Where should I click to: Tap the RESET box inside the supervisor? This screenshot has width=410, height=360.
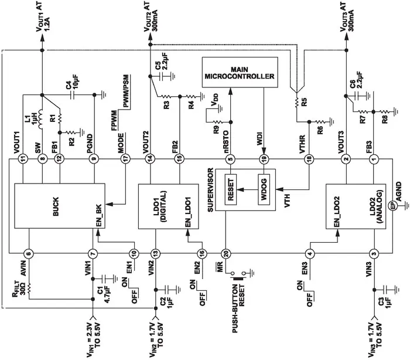point(230,189)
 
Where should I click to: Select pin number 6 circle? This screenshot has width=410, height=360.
point(29,253)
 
